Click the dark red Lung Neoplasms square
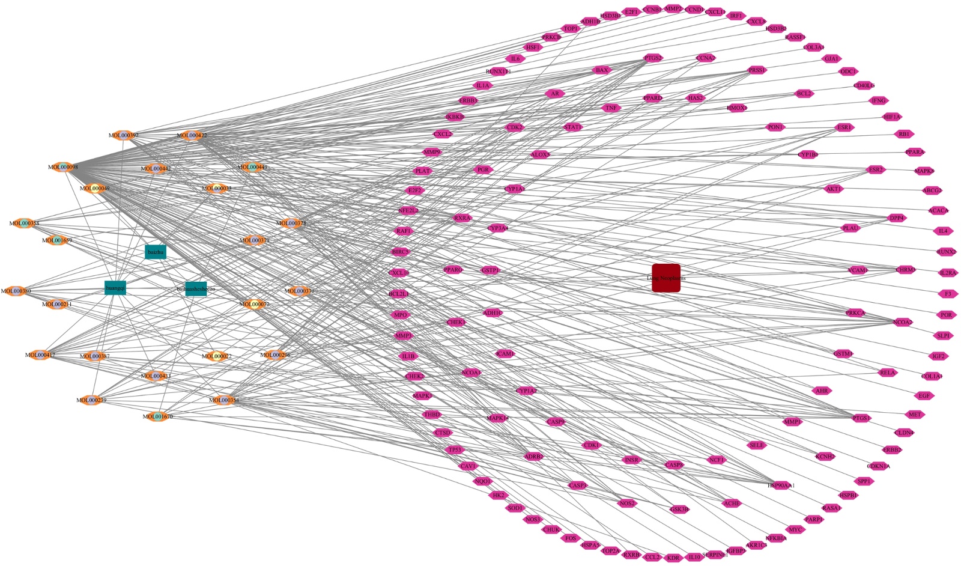click(x=666, y=278)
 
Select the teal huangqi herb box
click(x=115, y=288)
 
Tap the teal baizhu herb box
click(x=156, y=252)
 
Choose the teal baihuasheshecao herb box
click(x=196, y=289)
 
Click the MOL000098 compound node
click(x=63, y=167)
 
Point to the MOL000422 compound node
click(x=192, y=136)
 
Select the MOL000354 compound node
click(x=224, y=400)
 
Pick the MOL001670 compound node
click(x=157, y=416)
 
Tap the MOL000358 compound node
click(x=24, y=224)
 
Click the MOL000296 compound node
click(x=275, y=355)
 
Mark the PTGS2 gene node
click(x=653, y=58)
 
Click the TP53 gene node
click(x=455, y=450)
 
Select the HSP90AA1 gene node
click(x=781, y=485)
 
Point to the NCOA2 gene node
click(x=902, y=323)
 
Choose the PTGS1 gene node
click(x=861, y=418)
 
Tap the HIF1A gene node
click(x=892, y=117)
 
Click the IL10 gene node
click(x=694, y=558)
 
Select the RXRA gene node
click(x=462, y=218)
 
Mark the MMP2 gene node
click(x=673, y=9)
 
